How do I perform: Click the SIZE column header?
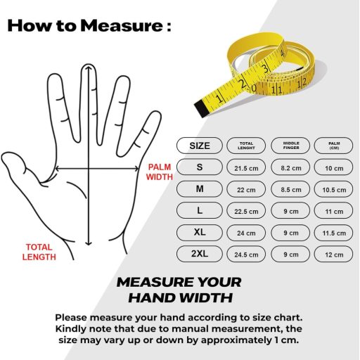coord(200,146)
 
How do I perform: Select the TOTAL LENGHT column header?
coord(246,146)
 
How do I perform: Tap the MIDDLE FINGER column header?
coord(291,146)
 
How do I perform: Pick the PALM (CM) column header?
coord(334,146)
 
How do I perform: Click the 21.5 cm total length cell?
coord(246,167)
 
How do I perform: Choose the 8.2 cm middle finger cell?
coord(291,167)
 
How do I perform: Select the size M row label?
coord(200,189)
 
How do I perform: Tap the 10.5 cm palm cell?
coord(334,189)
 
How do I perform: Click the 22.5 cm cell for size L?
coord(246,210)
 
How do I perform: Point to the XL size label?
coord(200,233)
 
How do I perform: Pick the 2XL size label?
coord(200,254)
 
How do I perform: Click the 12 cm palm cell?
coord(334,254)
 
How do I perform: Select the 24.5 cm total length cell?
coord(246,254)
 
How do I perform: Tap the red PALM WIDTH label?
coord(160,172)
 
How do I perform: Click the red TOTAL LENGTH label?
coord(39,252)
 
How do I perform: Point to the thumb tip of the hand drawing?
coord(4,157)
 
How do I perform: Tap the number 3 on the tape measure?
coord(266,69)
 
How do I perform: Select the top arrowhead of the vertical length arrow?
coord(89,68)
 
